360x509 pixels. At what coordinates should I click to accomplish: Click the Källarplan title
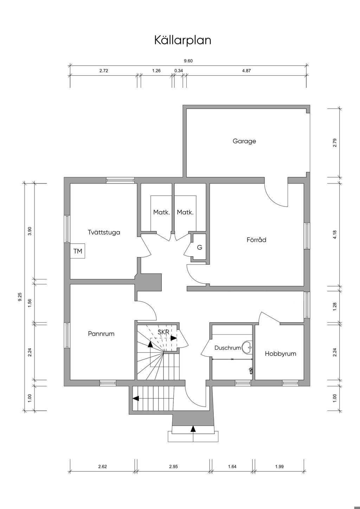click(x=183, y=40)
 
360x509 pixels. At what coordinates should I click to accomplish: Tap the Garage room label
click(x=244, y=141)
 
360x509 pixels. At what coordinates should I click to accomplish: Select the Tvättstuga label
click(x=104, y=232)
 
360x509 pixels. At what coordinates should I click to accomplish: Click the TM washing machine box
click(x=77, y=251)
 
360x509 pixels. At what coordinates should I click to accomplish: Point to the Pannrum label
click(x=101, y=334)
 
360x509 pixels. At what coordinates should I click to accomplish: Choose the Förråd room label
click(x=256, y=239)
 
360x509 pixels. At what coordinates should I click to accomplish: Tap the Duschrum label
click(x=227, y=348)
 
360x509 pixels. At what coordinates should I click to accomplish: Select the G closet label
click(x=200, y=247)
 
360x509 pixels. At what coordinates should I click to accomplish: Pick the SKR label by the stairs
click(x=163, y=332)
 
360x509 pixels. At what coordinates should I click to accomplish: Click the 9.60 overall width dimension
click(x=188, y=61)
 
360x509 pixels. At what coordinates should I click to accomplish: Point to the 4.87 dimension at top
click(x=246, y=71)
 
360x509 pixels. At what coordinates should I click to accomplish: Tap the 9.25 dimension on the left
click(x=20, y=297)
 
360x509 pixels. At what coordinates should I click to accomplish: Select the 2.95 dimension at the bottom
click(x=173, y=466)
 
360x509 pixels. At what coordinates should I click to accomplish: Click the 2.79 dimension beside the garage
click(x=335, y=143)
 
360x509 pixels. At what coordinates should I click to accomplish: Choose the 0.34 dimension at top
click(x=179, y=71)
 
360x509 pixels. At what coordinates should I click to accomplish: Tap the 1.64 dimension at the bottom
click(x=232, y=466)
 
